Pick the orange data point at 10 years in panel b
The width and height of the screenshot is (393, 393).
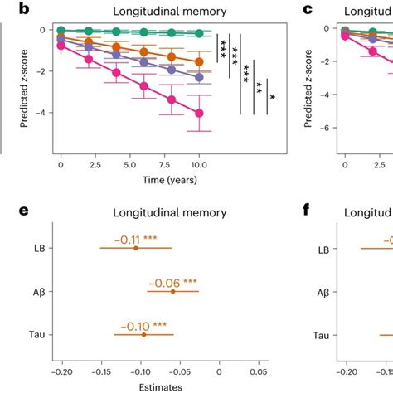(x=199, y=62)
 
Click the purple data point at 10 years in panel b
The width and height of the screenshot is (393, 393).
(x=199, y=76)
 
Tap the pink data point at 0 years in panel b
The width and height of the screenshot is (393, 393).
(x=61, y=46)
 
